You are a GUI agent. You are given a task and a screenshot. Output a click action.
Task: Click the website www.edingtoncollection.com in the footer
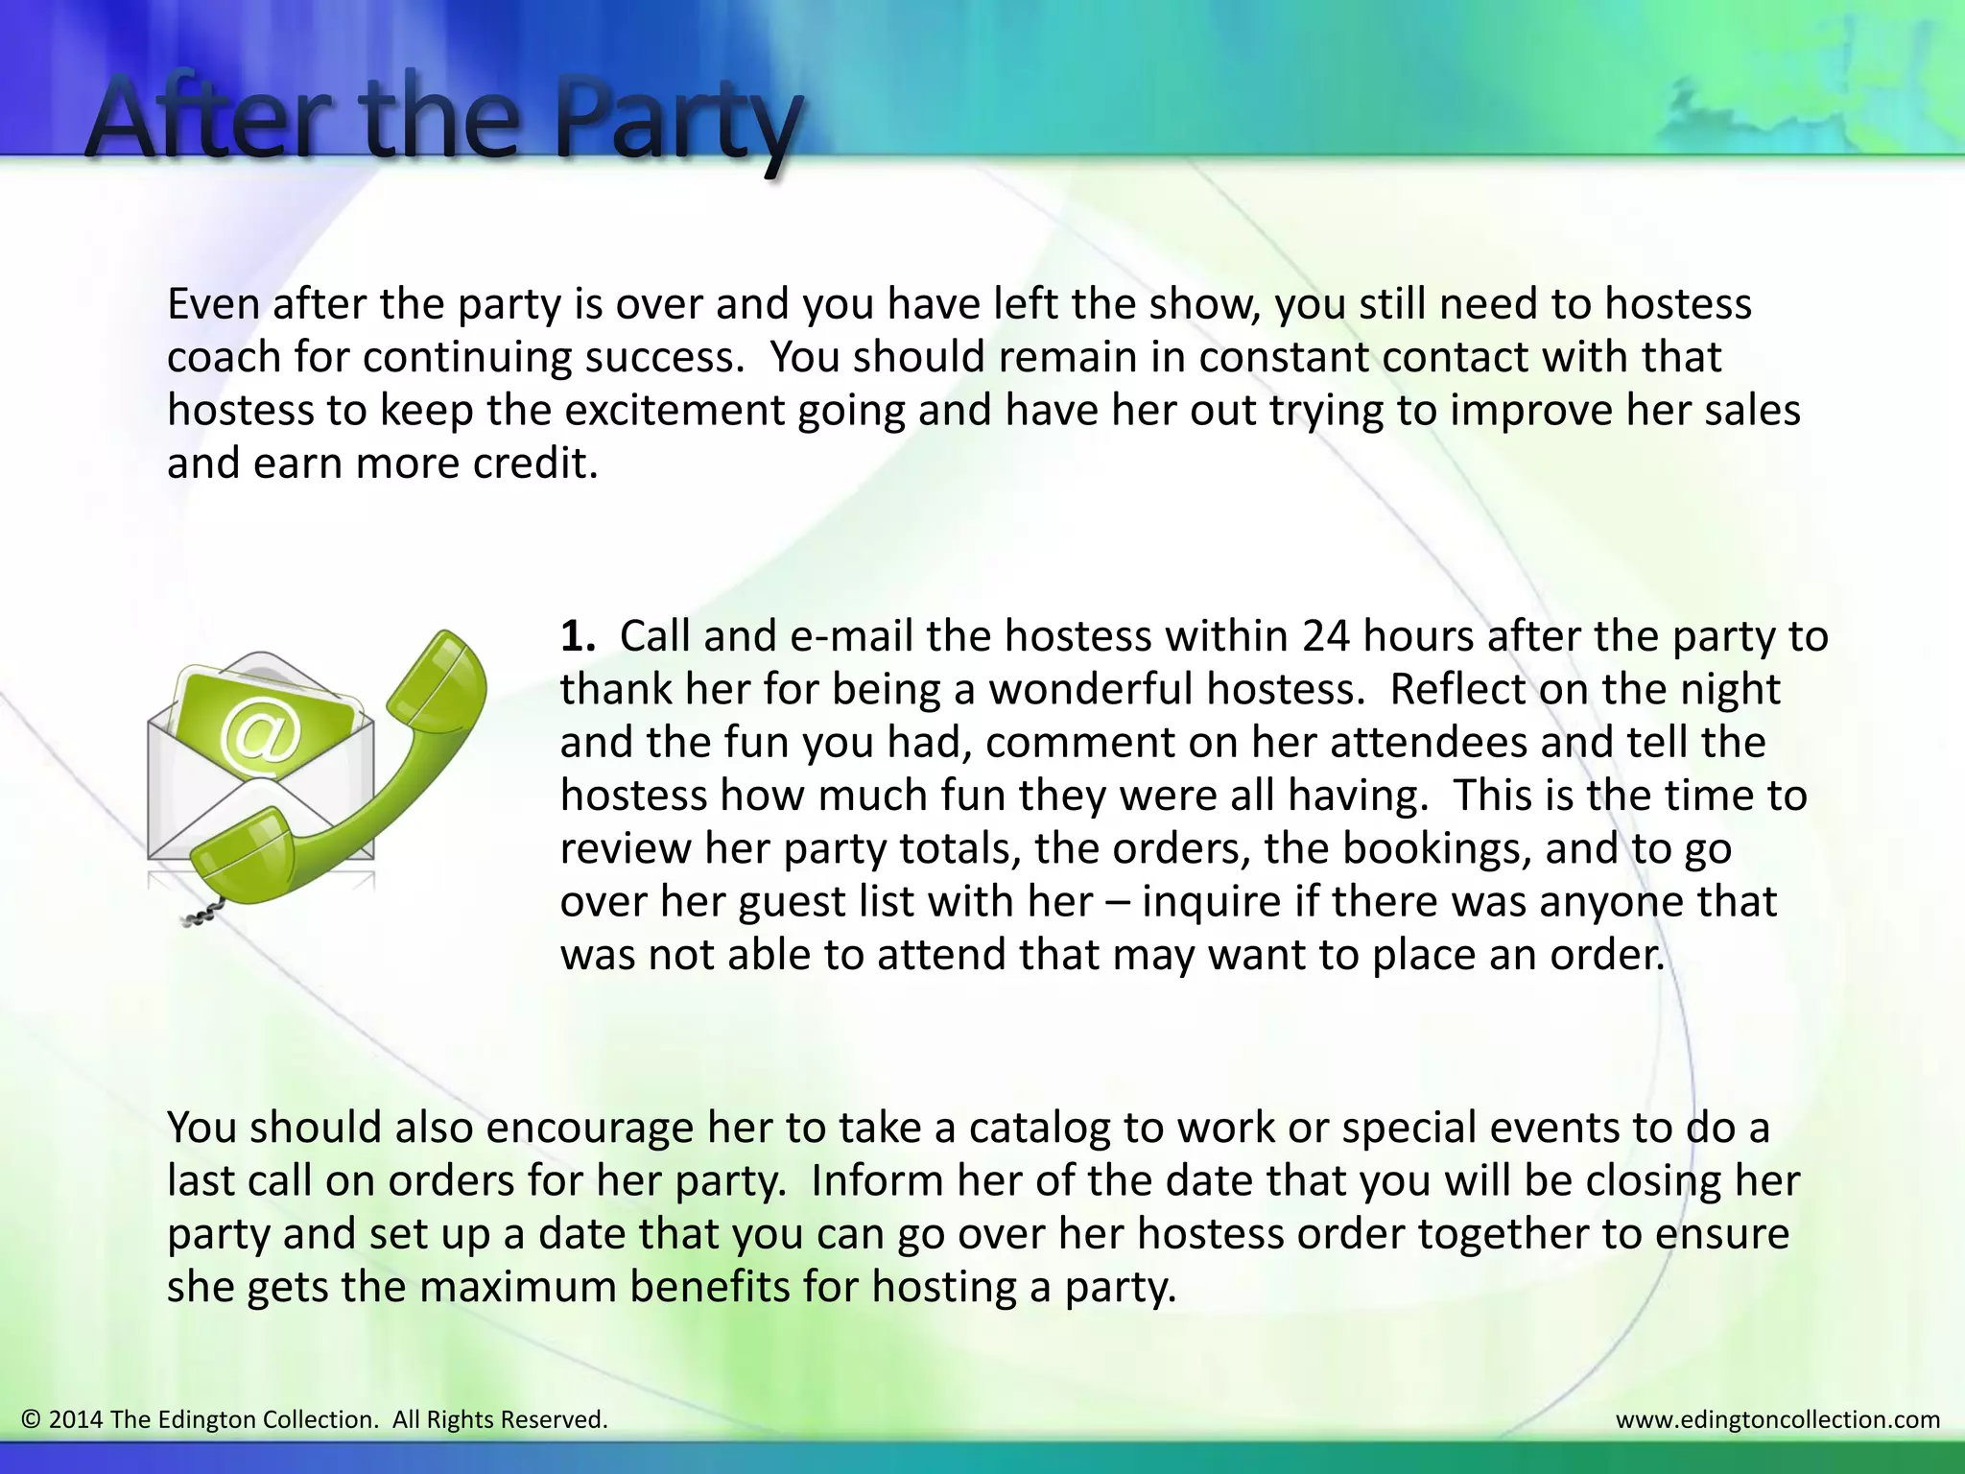(1777, 1419)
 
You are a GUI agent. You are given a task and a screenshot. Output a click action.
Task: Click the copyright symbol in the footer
(31, 1419)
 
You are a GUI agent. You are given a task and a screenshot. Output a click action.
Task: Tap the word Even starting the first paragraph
(214, 304)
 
